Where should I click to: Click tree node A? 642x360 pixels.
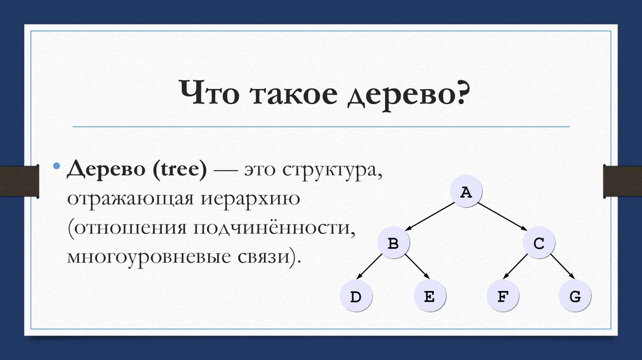(x=465, y=193)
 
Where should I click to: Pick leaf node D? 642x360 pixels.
(x=355, y=297)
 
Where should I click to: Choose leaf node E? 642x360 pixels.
(x=429, y=297)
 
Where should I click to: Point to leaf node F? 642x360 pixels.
(x=502, y=297)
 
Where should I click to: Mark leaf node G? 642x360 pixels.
(x=575, y=297)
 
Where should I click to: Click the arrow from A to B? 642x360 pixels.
(x=429, y=218)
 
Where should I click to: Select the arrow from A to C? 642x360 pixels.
(x=502, y=218)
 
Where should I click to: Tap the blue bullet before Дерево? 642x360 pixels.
(x=57, y=168)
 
